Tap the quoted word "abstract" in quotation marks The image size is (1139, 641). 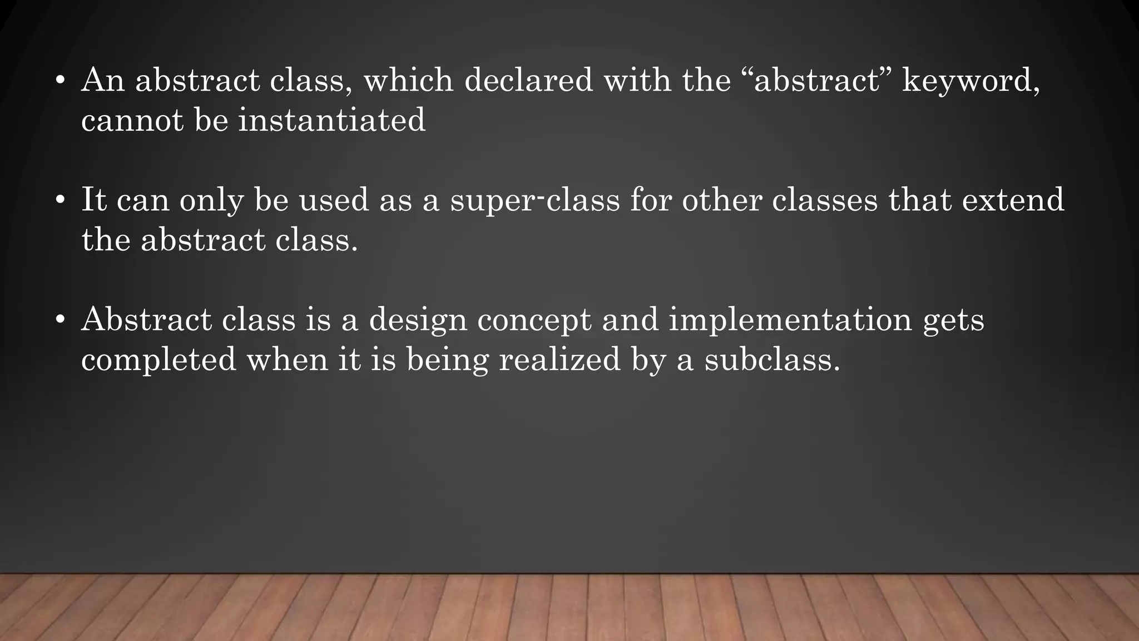pos(816,80)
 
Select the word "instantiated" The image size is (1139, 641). pos(331,120)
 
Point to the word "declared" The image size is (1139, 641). pos(528,80)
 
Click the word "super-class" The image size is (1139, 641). pos(534,200)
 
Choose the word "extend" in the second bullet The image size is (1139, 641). pos(1013,200)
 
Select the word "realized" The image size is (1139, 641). pos(559,359)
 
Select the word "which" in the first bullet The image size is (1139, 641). pos(408,80)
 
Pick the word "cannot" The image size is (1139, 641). pos(132,120)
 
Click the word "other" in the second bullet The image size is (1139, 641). pos(721,200)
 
